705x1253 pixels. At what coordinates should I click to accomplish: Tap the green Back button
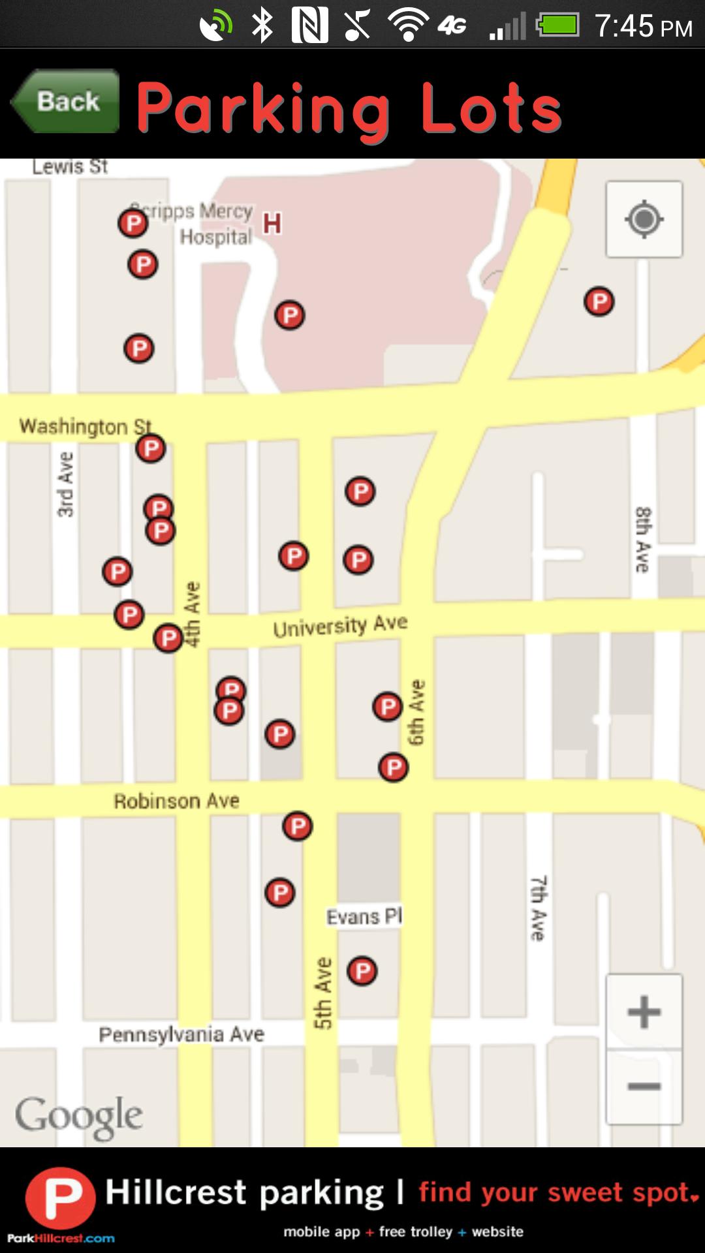point(66,102)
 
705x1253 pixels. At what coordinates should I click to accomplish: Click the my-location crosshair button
point(644,219)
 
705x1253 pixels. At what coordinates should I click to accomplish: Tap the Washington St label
point(85,426)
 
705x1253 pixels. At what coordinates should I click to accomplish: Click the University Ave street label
point(340,626)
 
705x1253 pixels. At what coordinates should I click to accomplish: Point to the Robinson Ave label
point(176,801)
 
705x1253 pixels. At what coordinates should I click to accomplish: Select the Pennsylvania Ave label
point(181,1034)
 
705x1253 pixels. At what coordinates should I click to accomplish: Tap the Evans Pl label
point(364,916)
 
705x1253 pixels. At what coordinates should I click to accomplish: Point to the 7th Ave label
point(538,908)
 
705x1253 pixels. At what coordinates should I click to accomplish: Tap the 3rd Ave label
point(65,485)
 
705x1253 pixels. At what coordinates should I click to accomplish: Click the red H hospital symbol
point(272,224)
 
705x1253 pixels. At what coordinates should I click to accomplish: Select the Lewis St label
point(70,167)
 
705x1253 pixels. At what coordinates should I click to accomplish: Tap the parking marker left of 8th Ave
point(599,302)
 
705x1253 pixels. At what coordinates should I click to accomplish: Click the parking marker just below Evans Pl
point(362,971)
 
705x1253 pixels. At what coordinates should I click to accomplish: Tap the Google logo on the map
point(79,1116)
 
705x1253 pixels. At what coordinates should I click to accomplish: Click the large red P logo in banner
point(60,1198)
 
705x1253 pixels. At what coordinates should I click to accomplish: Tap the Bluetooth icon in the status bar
point(262,26)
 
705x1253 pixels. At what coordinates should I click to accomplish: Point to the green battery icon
point(557,26)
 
